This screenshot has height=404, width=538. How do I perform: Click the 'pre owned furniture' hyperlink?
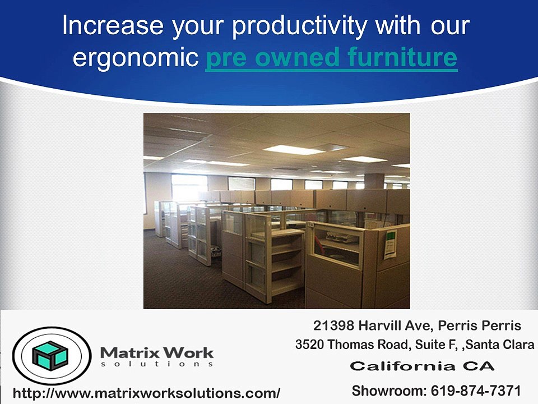331,58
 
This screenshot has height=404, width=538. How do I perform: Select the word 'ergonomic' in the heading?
136,58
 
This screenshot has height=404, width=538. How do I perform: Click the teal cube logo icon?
49,356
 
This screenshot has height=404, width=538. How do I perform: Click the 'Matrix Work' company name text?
156,353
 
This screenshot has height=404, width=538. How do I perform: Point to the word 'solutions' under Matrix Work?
156,365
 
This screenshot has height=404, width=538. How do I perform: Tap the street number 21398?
333,325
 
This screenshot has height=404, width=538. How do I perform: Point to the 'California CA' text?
422,366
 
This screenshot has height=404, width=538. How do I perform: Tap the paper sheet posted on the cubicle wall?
391,244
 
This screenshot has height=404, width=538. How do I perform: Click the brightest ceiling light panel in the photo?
293,150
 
